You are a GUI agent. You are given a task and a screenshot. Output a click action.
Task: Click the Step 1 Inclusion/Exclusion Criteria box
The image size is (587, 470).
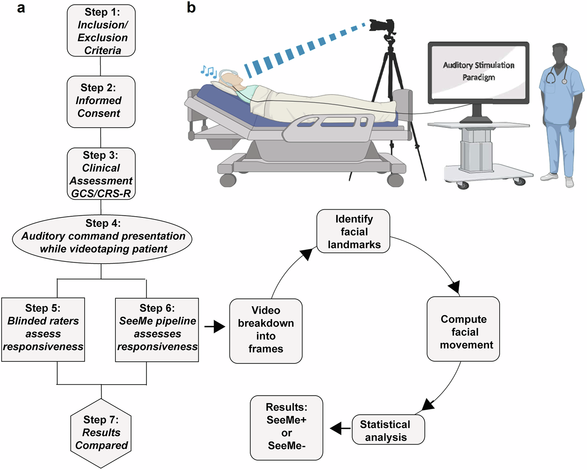[101, 31]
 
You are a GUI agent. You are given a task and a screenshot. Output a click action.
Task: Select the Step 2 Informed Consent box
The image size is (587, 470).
[101, 101]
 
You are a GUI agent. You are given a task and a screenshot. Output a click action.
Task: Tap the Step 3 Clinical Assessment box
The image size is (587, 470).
[101, 174]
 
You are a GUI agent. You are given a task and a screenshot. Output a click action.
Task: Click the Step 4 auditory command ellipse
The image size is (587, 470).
[102, 238]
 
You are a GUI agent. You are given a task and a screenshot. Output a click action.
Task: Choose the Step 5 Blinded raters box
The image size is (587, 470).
[43, 330]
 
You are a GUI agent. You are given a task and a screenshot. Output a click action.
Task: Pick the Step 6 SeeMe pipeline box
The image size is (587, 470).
[157, 330]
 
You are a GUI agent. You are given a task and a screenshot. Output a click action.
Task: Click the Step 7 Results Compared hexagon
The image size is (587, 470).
[101, 433]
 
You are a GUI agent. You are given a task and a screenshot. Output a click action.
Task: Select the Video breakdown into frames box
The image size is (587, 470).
[266, 330]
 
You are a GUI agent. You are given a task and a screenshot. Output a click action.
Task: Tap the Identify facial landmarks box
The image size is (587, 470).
[353, 231]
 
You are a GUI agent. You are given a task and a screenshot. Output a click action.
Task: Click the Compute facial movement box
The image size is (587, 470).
[463, 329]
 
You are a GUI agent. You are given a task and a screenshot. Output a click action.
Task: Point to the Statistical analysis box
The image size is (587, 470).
[388, 430]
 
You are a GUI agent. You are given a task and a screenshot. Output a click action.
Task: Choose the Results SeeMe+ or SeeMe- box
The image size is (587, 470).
[286, 427]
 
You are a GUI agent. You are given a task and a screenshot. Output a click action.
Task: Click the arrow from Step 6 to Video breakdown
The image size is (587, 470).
[215, 326]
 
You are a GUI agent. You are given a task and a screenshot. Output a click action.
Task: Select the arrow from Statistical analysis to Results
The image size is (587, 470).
[340, 428]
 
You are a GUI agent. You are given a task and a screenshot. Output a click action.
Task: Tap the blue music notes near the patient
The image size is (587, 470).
[209, 72]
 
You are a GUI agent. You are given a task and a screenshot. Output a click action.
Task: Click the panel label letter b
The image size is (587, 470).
[191, 7]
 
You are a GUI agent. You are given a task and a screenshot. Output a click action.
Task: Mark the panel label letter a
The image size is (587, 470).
[21, 8]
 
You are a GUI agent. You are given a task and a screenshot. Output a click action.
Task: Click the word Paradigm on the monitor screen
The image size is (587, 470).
[479, 77]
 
